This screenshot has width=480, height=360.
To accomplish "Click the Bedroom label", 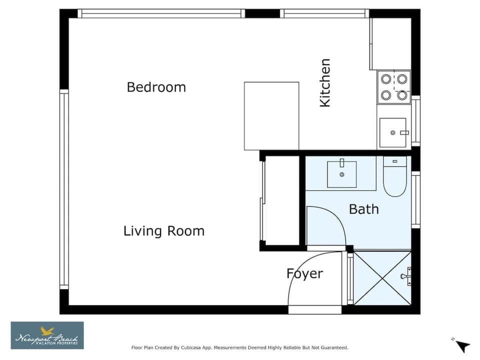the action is pyautogui.click(x=156, y=87).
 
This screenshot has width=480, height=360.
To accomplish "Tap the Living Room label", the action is pyautogui.click(x=164, y=231).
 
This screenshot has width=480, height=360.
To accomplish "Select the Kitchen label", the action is pyautogui.click(x=325, y=82).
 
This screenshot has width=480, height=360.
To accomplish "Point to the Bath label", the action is pyautogui.click(x=363, y=209).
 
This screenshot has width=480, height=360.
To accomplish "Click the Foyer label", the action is pyautogui.click(x=304, y=273).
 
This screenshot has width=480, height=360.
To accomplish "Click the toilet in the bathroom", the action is pyautogui.click(x=395, y=176).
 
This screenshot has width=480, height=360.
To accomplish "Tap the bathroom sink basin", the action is pyautogui.click(x=342, y=174).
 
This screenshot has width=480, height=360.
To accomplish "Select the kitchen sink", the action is pyautogui.click(x=393, y=132).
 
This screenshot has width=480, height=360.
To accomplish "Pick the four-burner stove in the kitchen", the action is pyautogui.click(x=393, y=87).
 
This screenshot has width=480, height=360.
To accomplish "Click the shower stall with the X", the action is pyautogui.click(x=382, y=278).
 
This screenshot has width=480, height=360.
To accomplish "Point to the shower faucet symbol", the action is pyautogui.click(x=406, y=276).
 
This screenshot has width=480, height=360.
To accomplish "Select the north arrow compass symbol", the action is pyautogui.click(x=461, y=345).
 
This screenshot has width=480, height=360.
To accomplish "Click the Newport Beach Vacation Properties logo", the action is pyautogui.click(x=47, y=335).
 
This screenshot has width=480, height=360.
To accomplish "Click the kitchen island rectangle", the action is pyautogui.click(x=271, y=116).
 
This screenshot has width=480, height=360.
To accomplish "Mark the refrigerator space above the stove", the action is pyautogui.click(x=390, y=44).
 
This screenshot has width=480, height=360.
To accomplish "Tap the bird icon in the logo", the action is pyautogui.click(x=48, y=330).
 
